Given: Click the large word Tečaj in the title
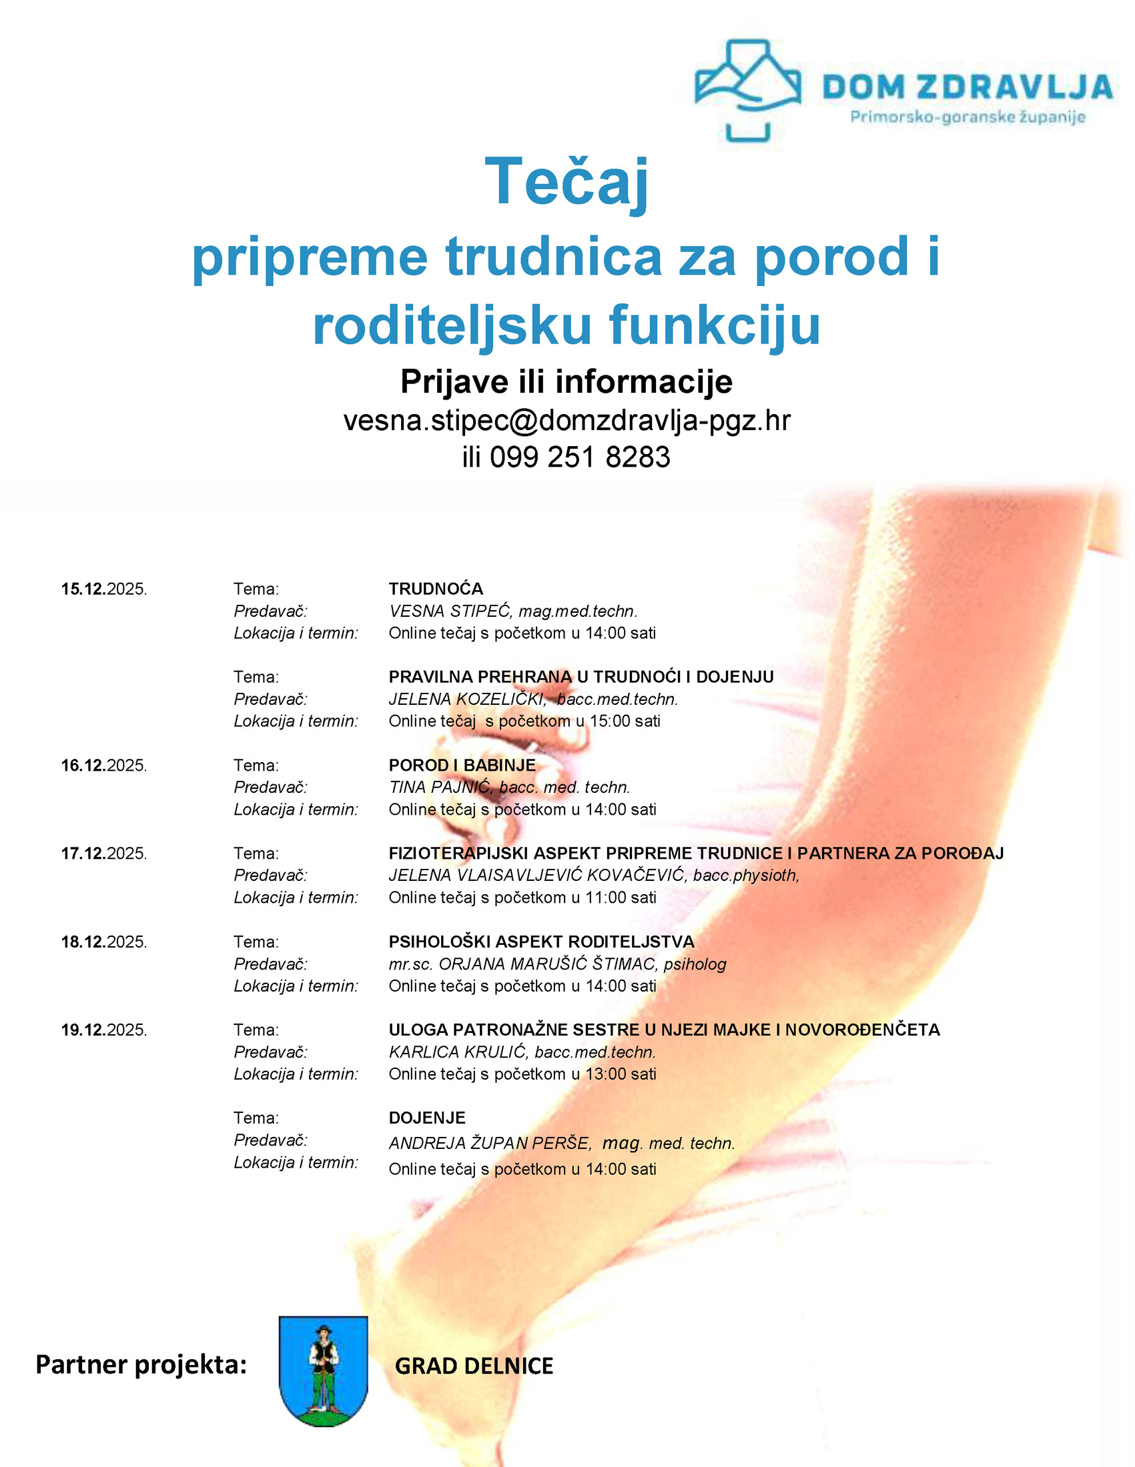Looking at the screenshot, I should tap(566, 181).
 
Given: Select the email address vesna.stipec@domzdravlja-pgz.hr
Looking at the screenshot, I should tap(566, 421).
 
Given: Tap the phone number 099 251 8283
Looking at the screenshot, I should tap(579, 457).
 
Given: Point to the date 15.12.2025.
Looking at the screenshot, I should tap(104, 589).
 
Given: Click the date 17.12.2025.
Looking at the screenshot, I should tap(104, 853).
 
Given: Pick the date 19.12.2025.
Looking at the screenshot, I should tap(104, 1030).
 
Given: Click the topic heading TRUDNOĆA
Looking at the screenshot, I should tap(436, 589).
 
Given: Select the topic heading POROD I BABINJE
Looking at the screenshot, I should tap(462, 765).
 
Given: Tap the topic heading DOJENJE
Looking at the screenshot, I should tap(427, 1118).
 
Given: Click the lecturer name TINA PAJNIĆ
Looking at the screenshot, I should tap(440, 788).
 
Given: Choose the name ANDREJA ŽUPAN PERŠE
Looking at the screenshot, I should tap(489, 1143).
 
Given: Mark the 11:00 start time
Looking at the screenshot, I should tap(607, 898).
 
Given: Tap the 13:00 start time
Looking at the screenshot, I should tap(607, 1074).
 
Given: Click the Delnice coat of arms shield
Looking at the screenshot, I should tap(323, 1370).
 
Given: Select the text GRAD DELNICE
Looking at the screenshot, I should tap(474, 1366).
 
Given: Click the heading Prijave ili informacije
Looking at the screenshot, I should tap(566, 382).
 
